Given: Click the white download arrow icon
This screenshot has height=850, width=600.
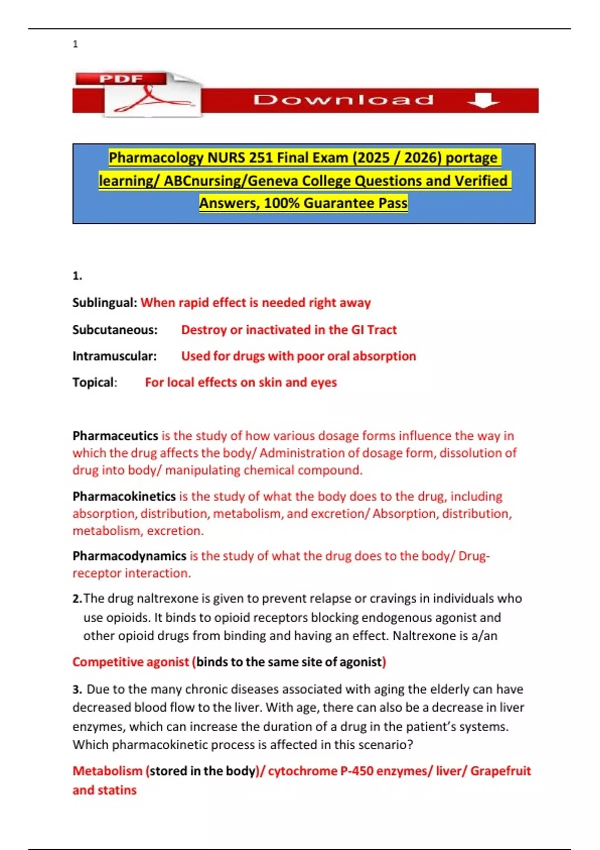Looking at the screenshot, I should click(x=483, y=100).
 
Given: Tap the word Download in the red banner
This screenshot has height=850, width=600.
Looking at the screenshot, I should click(x=343, y=100).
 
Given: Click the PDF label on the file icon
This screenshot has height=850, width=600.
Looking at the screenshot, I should click(x=121, y=79).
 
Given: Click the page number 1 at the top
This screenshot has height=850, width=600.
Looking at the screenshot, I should click(x=75, y=44).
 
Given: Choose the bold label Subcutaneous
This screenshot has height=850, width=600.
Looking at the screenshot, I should click(x=115, y=330).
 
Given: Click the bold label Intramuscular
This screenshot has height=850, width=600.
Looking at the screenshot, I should click(x=114, y=356).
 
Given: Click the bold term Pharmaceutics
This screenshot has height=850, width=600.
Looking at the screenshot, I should click(x=115, y=436).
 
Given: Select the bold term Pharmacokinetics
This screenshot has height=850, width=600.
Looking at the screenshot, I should click(x=124, y=496).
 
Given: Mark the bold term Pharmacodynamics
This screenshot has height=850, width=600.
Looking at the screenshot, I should click(x=129, y=556).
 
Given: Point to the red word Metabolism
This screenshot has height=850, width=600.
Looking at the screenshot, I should click(x=107, y=771).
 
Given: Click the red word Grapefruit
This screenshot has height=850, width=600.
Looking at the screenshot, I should click(x=500, y=771).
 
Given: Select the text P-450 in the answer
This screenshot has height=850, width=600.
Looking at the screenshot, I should click(x=357, y=771).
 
